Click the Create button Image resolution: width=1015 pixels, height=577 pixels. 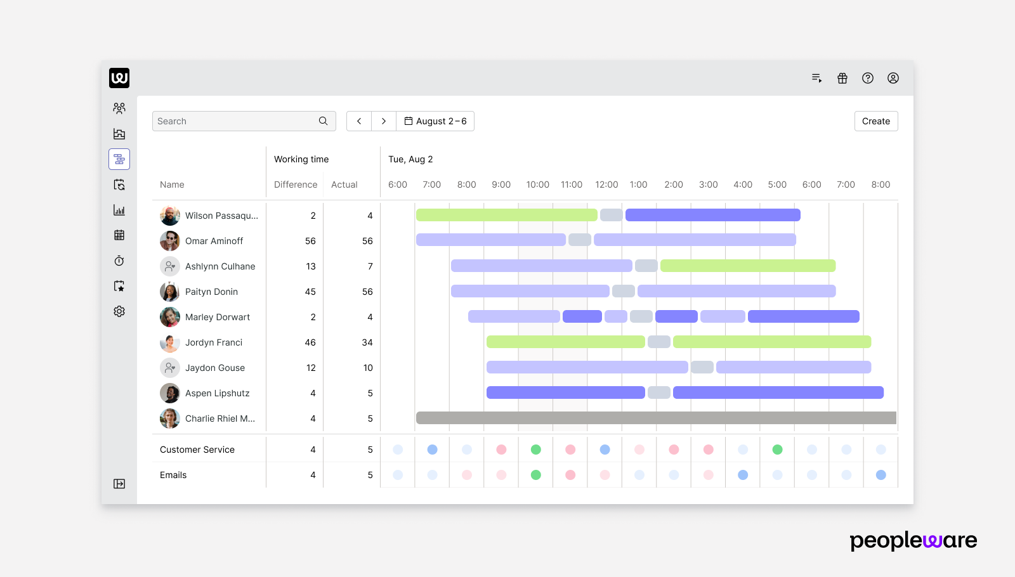coord(875,121)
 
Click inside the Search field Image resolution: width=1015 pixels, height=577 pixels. coord(235,121)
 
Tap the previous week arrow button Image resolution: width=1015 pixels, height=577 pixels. coord(359,121)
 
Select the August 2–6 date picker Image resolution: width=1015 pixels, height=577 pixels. coord(435,121)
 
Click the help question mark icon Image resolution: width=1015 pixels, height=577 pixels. coord(868,78)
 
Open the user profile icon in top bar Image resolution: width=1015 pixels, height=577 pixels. coord(893,78)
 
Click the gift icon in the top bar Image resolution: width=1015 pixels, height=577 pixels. coord(842,78)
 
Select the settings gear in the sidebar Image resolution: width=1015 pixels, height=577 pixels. coord(119,311)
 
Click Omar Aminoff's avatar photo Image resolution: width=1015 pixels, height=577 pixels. coord(169,241)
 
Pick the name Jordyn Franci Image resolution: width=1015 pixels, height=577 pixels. coord(214,342)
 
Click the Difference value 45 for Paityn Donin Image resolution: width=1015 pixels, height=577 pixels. coord(310,292)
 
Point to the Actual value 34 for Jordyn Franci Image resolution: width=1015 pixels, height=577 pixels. coord(367,342)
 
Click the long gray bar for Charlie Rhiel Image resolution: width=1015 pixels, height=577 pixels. coord(656,418)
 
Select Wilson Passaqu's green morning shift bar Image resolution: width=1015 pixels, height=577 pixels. coord(506,215)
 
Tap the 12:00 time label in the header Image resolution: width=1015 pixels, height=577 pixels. coord(606,185)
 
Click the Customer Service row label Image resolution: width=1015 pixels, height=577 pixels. coord(197,450)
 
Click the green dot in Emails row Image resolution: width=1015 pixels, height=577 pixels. coord(535,475)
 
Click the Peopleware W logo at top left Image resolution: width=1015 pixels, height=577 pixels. coord(119,78)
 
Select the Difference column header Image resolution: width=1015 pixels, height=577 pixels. coord(296,185)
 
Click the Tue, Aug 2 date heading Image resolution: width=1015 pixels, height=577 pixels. coord(410,159)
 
